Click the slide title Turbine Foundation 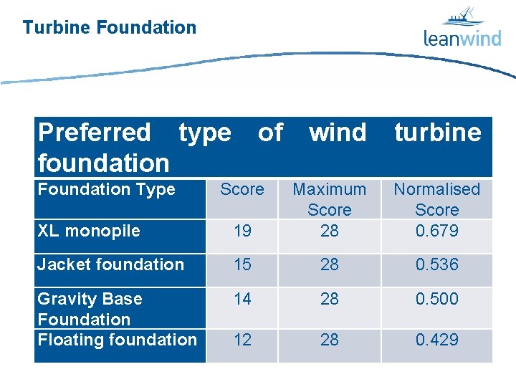(x=109, y=28)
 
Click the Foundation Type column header (x=106, y=189)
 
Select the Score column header (x=242, y=189)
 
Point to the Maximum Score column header (x=330, y=199)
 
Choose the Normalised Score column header (x=437, y=199)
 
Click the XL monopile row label (x=89, y=231)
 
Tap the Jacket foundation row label (x=110, y=264)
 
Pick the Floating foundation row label (x=117, y=340)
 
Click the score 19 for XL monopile (x=242, y=231)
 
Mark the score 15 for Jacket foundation (x=242, y=264)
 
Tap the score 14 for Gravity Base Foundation (x=242, y=299)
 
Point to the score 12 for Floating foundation (x=242, y=340)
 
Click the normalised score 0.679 (x=437, y=231)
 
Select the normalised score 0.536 (x=437, y=264)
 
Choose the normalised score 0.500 (x=437, y=299)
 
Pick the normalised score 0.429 (x=437, y=340)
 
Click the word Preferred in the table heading (x=94, y=133)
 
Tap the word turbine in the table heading (x=437, y=133)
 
